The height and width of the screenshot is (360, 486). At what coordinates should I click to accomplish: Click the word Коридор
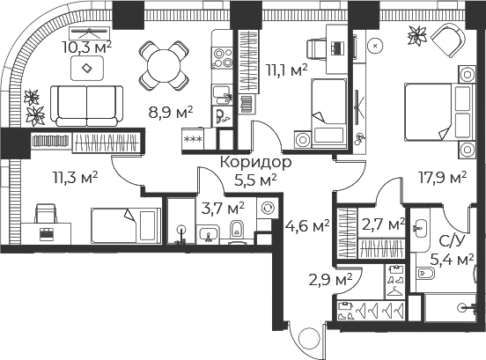pos(255,162)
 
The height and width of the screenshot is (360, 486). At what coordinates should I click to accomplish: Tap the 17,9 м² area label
pos(442,178)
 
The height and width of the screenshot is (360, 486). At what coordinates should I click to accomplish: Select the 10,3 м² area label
pos(87,48)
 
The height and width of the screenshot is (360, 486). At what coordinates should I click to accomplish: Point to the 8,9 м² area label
pos(171,112)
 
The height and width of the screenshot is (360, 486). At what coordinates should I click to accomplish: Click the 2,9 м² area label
pos(330,280)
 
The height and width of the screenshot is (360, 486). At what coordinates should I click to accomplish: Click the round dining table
pos(164,66)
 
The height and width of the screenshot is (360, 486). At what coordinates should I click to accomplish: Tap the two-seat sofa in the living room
pos(87,106)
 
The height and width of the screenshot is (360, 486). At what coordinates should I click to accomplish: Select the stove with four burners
pos(222,57)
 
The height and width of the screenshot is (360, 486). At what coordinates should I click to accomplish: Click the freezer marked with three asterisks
pos(193,139)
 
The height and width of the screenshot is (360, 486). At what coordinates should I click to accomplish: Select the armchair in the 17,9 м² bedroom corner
pos(448,40)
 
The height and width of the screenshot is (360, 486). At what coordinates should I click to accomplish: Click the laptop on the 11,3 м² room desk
pos(47,234)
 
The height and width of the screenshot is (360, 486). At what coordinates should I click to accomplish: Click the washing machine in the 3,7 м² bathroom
pos(267,209)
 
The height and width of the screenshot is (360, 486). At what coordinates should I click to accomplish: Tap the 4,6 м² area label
pos(307,226)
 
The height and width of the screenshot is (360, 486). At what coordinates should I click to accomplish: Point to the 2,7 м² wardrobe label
pos(383,224)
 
